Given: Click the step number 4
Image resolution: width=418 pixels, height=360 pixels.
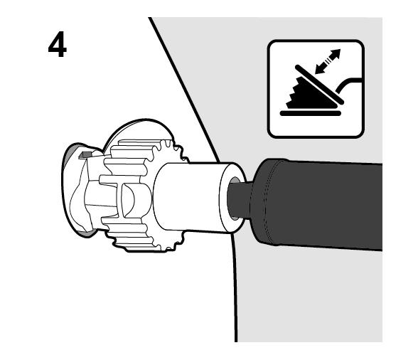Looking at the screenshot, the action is click(58, 44).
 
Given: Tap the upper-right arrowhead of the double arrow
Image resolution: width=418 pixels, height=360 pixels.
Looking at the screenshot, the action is click(336, 53).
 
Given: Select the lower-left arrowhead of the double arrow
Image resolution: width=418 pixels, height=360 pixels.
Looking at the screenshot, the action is click(320, 69).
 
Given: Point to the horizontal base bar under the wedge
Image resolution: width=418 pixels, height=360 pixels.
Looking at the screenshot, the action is click(311, 113).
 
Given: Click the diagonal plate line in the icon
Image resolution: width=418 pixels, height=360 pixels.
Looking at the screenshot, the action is click(319, 85).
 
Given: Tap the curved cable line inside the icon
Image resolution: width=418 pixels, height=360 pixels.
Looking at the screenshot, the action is click(348, 84).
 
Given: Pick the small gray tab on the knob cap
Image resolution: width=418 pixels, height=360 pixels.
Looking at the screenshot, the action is click(85, 154).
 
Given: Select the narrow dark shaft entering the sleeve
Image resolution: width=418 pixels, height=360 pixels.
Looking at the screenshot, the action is click(239, 198).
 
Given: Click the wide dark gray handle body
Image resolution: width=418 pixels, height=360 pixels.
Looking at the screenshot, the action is click(317, 204).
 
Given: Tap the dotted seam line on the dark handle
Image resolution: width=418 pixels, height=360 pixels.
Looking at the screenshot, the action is click(268, 203).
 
